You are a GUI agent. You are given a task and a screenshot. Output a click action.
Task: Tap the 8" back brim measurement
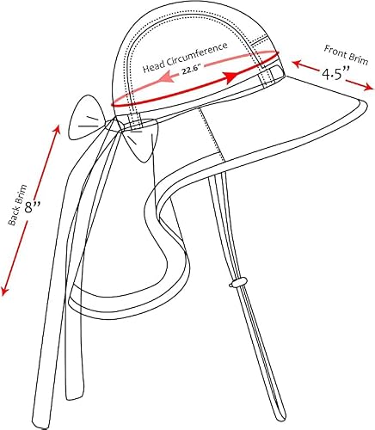pyautogui.click(x=32, y=206)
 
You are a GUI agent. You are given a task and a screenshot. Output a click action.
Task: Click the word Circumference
pyautogui.click(x=196, y=53)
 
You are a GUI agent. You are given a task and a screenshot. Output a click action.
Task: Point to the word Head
pyautogui.click(x=154, y=67)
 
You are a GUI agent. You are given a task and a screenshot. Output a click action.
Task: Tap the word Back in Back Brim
pyautogui.click(x=12, y=218)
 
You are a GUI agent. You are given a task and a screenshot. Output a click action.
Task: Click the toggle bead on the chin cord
pyautogui.click(x=237, y=282)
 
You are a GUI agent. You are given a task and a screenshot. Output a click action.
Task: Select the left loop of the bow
pyautogui.click(x=86, y=118)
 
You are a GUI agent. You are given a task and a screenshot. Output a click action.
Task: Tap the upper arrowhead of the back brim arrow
pyautogui.click(x=57, y=130)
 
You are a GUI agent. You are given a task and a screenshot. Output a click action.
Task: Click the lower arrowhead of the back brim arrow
pyautogui.click(x=5, y=291)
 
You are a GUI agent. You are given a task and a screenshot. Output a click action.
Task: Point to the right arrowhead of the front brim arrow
pyautogui.click(x=369, y=87)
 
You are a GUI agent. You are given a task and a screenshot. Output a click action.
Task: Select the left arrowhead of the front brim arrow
pyautogui.click(x=297, y=64)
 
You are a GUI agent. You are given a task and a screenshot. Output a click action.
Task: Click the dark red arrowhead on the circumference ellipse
pyautogui.click(x=231, y=77)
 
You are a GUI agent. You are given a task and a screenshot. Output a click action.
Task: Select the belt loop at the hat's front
pyautogui.click(x=267, y=76)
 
